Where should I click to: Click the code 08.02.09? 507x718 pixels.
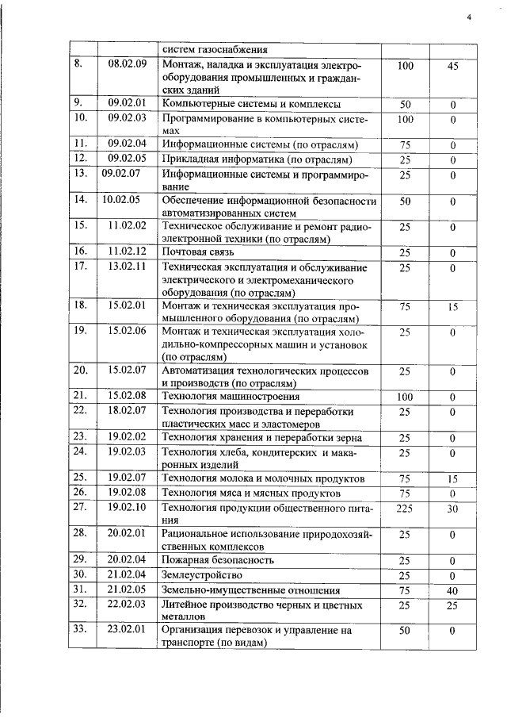pyautogui.click(x=128, y=65)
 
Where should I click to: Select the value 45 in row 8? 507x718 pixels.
pyautogui.click(x=452, y=67)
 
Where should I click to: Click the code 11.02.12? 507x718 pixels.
pyautogui.click(x=128, y=251)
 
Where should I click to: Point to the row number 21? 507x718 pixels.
pyautogui.click(x=79, y=395)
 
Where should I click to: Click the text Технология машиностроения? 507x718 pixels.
pyautogui.click(x=230, y=396)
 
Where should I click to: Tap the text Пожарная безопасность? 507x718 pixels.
pyautogui.click(x=218, y=560)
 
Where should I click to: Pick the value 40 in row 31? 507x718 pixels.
pyautogui.click(x=452, y=590)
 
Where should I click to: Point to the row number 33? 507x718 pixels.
pyautogui.click(x=79, y=631)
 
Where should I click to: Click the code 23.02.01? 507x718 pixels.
pyautogui.click(x=128, y=631)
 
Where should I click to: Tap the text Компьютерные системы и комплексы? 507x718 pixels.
pyautogui.click(x=251, y=104)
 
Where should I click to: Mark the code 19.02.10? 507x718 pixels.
pyautogui.click(x=128, y=507)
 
